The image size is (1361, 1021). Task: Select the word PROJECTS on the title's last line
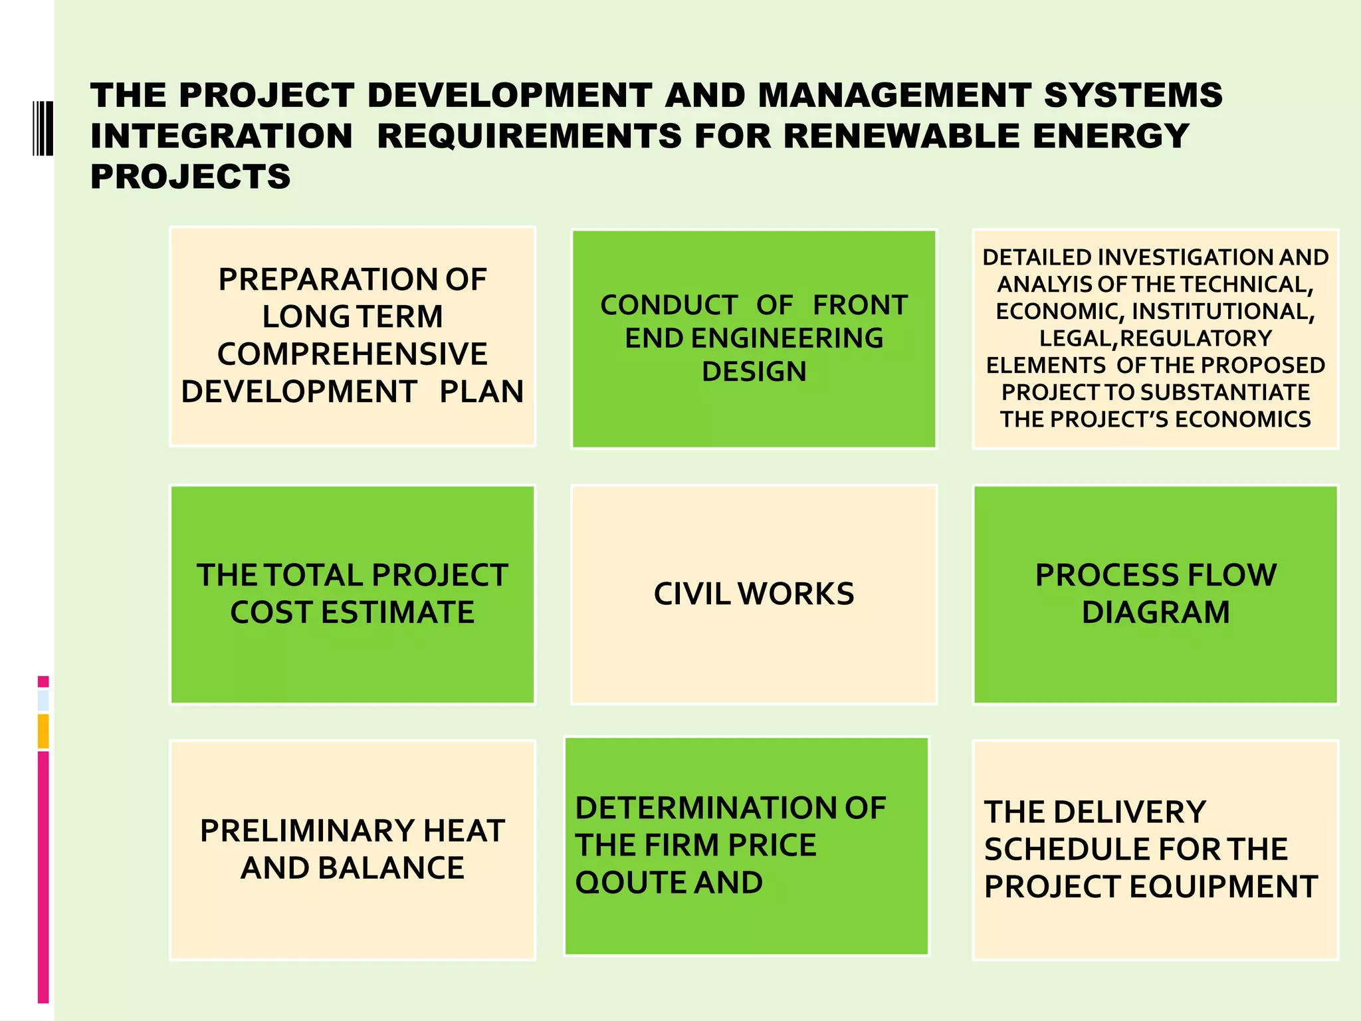point(191,177)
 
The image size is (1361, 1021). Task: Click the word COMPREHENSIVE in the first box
point(352,354)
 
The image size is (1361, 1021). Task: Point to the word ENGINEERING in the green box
point(787,338)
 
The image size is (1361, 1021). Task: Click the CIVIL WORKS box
point(754,594)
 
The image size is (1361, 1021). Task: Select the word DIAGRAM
point(1156,612)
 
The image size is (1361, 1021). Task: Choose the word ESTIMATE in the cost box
point(397,612)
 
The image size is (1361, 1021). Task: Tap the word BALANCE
point(391,868)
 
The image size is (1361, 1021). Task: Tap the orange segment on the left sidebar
point(43,731)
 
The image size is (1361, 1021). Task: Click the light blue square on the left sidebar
point(43,701)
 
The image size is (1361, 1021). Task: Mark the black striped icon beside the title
point(43,128)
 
